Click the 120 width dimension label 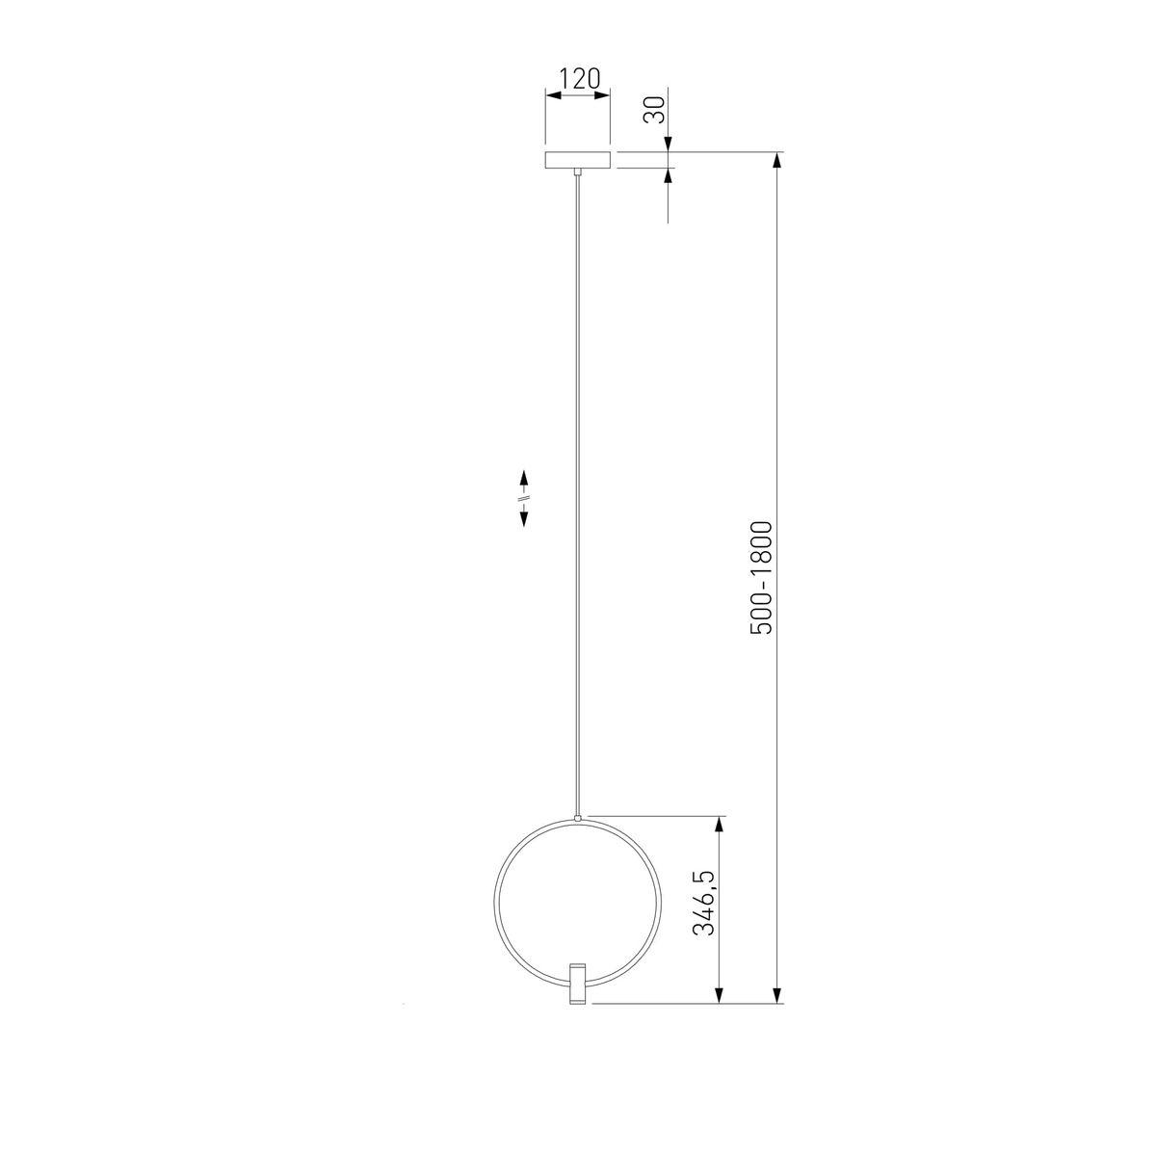(580, 79)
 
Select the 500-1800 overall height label (762, 578)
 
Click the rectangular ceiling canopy (578, 160)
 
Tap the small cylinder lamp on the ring (578, 985)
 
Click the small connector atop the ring (578, 818)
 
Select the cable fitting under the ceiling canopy (578, 172)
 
